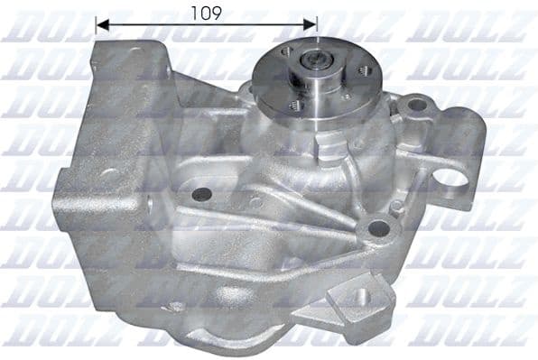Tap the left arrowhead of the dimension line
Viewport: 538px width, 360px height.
click(x=100, y=25)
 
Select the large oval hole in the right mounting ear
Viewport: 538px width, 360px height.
click(x=450, y=177)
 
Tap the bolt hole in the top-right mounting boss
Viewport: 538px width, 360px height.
click(x=416, y=106)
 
